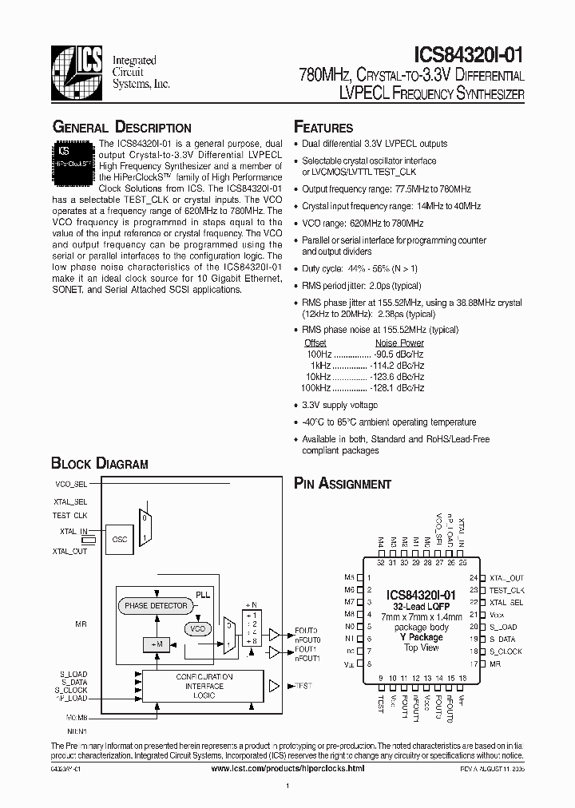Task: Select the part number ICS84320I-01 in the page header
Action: [x=469, y=54]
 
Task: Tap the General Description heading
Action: [x=121, y=127]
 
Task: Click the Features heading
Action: [x=323, y=127]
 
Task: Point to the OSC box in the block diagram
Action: [x=120, y=539]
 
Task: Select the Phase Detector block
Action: [x=155, y=606]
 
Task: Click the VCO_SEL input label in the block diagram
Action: [x=71, y=485]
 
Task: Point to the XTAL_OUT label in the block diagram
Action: [x=69, y=552]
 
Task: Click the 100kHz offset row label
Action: [x=313, y=387]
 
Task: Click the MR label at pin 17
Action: [x=495, y=663]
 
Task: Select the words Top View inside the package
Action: [x=421, y=648]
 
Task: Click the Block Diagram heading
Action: [x=100, y=464]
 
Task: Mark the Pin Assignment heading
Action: [x=343, y=483]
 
